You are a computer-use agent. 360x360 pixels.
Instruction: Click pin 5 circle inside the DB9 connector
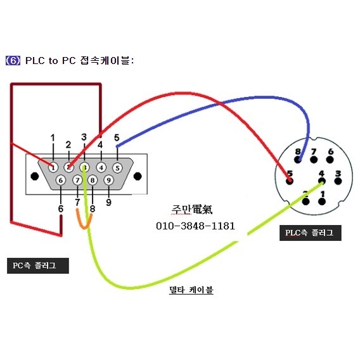(x=117, y=168)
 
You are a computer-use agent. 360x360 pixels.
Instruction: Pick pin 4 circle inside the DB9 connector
(x=101, y=168)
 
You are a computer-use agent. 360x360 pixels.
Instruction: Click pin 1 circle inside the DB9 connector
(x=54, y=168)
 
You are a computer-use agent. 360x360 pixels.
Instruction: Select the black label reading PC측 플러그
(x=39, y=266)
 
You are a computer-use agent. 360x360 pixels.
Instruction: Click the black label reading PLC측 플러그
(x=311, y=233)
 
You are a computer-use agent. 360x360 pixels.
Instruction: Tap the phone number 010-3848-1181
(x=195, y=226)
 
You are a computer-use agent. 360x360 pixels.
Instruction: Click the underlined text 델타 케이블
(x=191, y=290)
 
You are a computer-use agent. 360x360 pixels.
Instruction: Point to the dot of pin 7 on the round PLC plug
(x=312, y=160)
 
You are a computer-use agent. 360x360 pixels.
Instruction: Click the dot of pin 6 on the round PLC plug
(x=330, y=160)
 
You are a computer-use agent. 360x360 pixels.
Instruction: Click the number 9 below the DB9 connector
(x=108, y=203)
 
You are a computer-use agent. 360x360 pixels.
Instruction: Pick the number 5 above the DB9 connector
(x=117, y=138)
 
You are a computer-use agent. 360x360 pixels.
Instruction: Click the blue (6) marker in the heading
(x=13, y=61)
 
